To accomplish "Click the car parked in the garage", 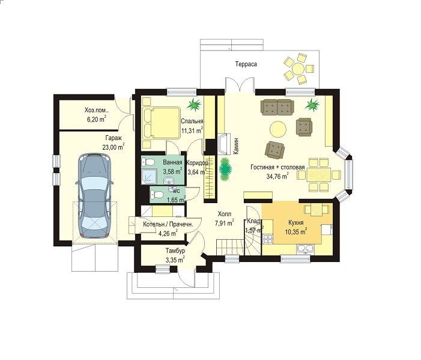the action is coord(94,195).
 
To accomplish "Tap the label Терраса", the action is coord(246,64).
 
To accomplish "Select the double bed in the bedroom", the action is coord(161,123).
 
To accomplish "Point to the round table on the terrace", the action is coord(298,69).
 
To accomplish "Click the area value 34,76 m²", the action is coord(277,175).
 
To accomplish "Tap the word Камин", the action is coord(236,146).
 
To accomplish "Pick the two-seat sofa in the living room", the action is coord(277,107).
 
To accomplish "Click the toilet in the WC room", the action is coord(157,194).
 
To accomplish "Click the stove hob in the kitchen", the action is coord(268,239).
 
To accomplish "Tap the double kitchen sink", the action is coord(305,249).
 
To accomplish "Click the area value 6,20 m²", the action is coord(96,119).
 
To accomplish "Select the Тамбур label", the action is coord(175,251).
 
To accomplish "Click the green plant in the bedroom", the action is coord(195,104).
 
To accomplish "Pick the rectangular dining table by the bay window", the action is coord(319,175).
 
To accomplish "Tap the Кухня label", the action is coord(296,223).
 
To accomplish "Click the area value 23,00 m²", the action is coord(113,147).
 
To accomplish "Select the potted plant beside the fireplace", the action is coord(225,169).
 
